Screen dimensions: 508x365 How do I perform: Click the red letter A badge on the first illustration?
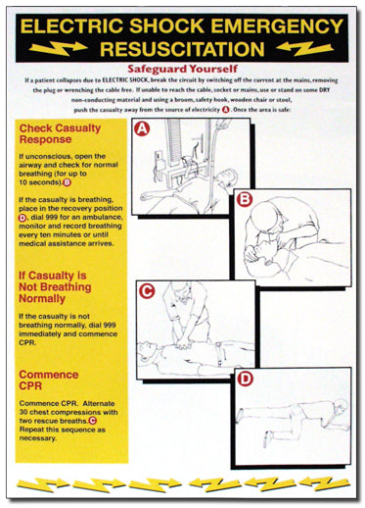144,128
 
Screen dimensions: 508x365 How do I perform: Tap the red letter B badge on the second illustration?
244,197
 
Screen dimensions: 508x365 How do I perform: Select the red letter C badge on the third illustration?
145,289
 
